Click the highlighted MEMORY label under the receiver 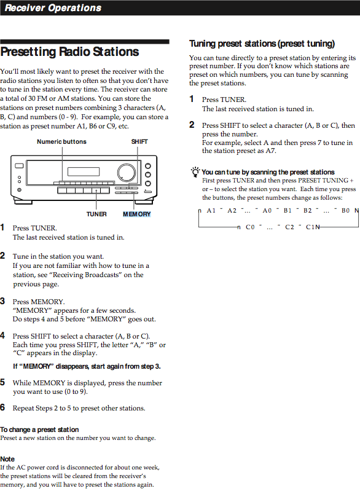click(x=137, y=214)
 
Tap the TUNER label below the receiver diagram click(x=96, y=214)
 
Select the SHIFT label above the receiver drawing click(x=139, y=141)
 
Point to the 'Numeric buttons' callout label click(x=61, y=141)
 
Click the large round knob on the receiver click(x=127, y=173)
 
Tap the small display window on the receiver click(x=84, y=171)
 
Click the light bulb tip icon click(x=195, y=172)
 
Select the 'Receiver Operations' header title click(x=53, y=8)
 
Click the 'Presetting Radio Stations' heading click(x=69, y=52)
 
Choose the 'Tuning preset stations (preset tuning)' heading click(x=262, y=44)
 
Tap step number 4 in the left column click(x=2, y=336)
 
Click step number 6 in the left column click(x=2, y=407)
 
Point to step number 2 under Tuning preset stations click(x=192, y=125)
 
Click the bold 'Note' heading click(x=7, y=459)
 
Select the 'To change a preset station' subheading click(x=39, y=430)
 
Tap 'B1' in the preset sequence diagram click(x=288, y=210)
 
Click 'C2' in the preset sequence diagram click(x=289, y=227)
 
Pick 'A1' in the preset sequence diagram click(x=211, y=210)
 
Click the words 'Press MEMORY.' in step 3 click(x=39, y=302)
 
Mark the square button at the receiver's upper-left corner click(x=19, y=165)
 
